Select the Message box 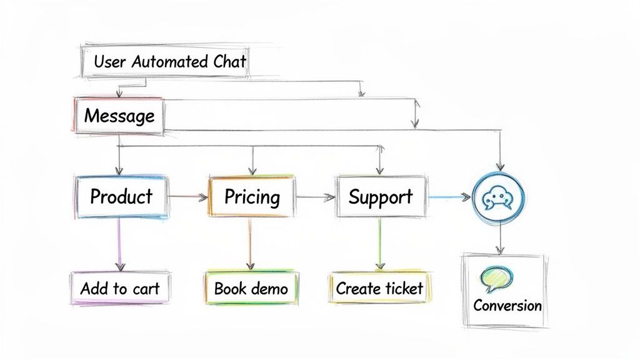(119, 116)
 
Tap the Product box (121, 197)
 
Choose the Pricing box (252, 197)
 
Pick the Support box (381, 197)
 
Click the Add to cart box (120, 288)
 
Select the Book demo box (251, 288)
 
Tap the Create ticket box (379, 288)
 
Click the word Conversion (507, 306)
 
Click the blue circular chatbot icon (499, 197)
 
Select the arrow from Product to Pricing (188, 197)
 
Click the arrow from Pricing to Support (316, 197)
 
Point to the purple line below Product (119, 244)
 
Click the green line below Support (379, 244)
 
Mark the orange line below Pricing (250, 244)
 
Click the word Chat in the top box (229, 62)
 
